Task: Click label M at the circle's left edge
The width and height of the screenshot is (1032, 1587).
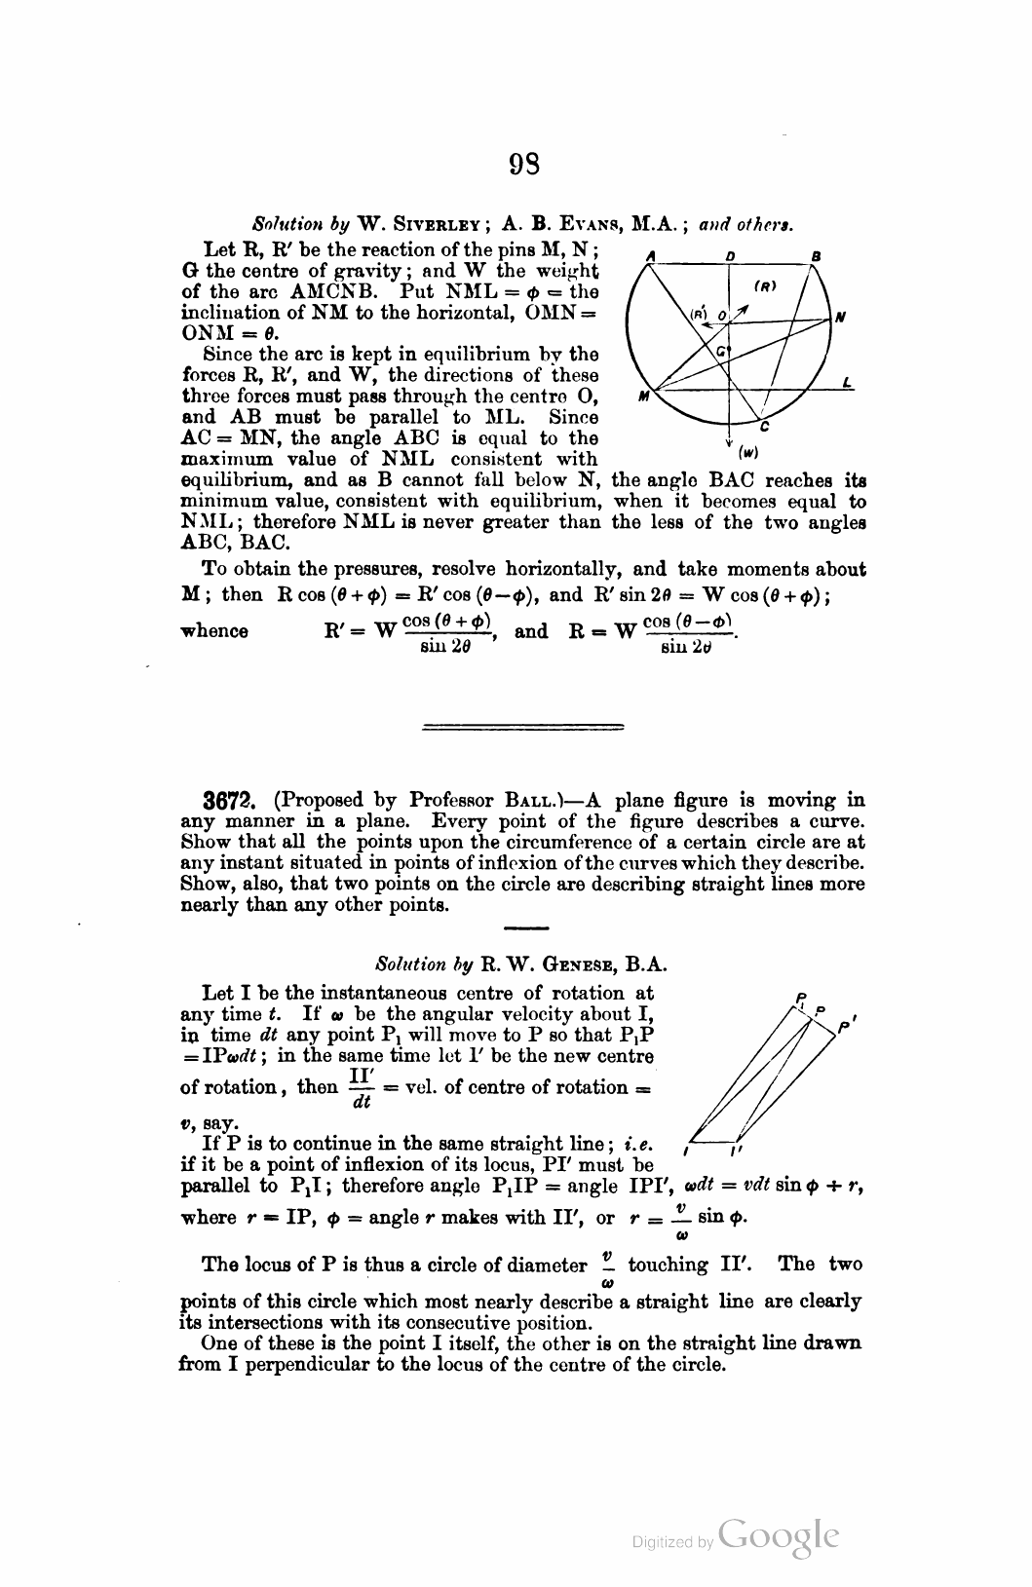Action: [644, 397]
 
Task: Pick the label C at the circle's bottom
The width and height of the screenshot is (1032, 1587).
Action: [765, 426]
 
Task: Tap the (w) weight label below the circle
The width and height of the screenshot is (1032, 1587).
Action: [748, 451]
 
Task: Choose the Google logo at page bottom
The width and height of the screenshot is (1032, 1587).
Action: [778, 1534]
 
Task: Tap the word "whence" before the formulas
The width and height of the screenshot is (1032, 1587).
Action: [214, 631]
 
